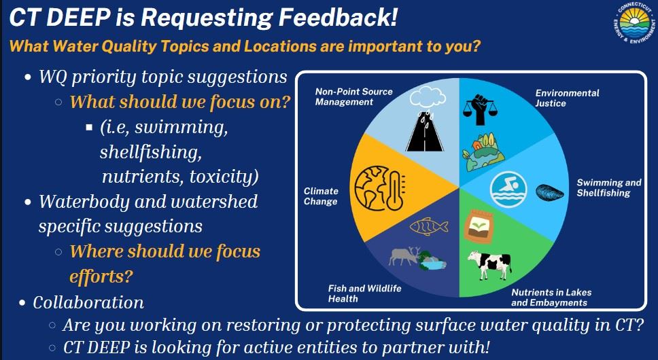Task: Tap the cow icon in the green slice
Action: point(489,264)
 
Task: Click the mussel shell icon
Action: point(550,192)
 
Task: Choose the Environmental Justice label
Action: point(567,98)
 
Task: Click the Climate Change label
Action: point(321,196)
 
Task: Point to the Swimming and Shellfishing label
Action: point(608,187)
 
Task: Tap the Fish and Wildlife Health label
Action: point(364,293)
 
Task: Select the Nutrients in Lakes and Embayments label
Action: point(549,298)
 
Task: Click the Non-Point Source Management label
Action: point(353,96)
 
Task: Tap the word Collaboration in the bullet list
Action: point(88,302)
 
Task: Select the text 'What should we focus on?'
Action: point(180,103)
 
